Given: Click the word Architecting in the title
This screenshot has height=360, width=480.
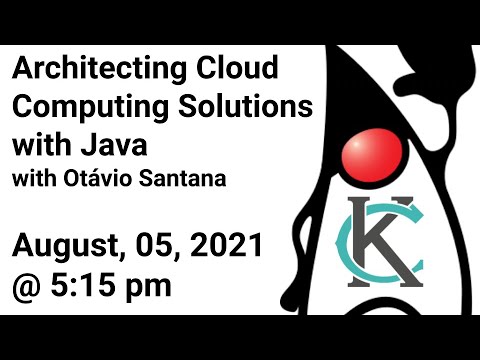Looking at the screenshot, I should point(83,71).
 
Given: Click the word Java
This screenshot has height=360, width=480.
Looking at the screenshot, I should point(117,141).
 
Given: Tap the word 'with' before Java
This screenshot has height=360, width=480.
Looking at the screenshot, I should point(40,141).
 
